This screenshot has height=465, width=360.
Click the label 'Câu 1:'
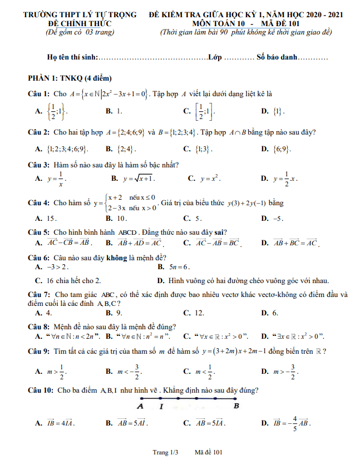coord(40,94)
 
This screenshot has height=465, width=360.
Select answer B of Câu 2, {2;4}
coord(125,149)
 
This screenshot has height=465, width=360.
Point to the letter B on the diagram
coord(236,405)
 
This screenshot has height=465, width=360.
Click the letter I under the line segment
coord(161,407)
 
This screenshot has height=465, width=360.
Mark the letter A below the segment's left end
coord(140,406)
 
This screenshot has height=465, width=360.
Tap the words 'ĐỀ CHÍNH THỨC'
coord(80,23)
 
